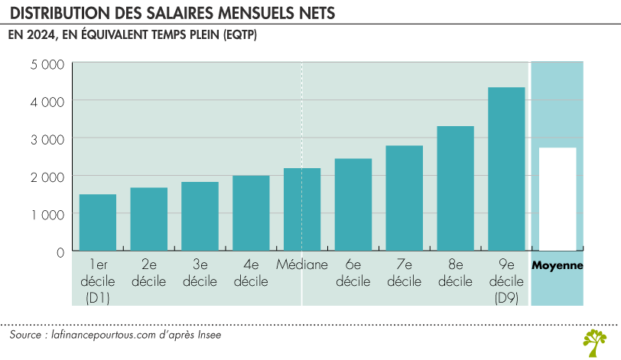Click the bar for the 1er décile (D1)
(98, 222)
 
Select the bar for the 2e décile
(149, 219)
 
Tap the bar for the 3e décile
(200, 216)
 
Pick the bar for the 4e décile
(251, 213)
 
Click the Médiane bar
(302, 209)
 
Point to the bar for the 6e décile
(353, 205)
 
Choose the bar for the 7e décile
(405, 198)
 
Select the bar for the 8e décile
(455, 189)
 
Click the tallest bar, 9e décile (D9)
(506, 169)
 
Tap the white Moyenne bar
(558, 199)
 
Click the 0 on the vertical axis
(59, 251)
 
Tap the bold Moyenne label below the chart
(558, 265)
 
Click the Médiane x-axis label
(302, 265)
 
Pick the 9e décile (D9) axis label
(506, 281)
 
